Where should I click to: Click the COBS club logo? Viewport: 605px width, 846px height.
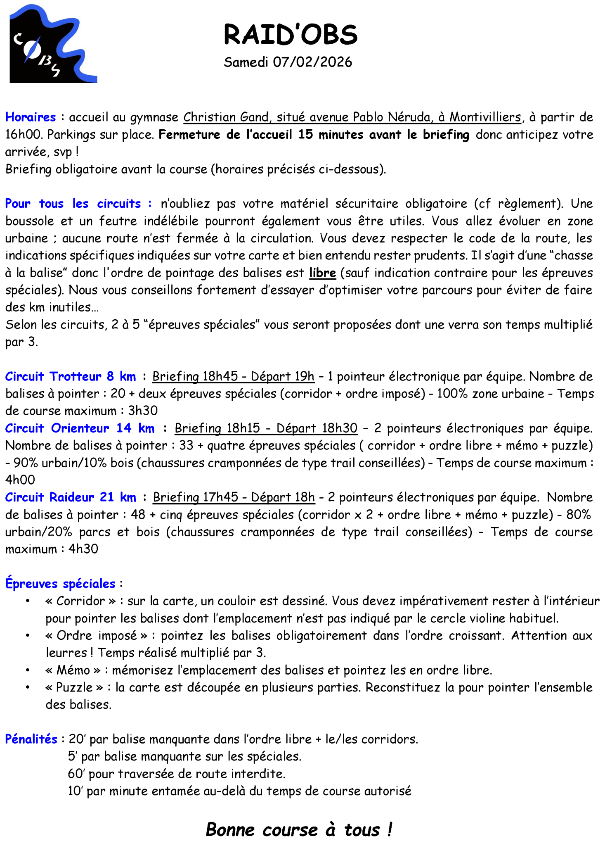[x=53, y=43]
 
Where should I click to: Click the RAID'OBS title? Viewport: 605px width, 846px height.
[x=290, y=34]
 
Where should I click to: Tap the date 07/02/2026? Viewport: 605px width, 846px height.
[x=312, y=62]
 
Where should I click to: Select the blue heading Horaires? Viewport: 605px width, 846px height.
[x=31, y=117]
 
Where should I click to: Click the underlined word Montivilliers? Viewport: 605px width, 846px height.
[x=485, y=117]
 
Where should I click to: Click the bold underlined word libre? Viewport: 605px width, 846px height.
[x=322, y=273]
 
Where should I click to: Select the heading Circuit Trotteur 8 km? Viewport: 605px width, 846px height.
[x=71, y=376]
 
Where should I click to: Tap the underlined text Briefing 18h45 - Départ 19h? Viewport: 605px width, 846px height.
[x=233, y=376]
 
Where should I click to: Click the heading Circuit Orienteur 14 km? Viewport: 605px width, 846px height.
[x=80, y=428]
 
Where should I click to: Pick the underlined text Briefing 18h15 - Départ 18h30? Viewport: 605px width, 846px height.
[x=266, y=428]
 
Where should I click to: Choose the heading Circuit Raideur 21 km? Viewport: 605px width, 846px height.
[x=71, y=497]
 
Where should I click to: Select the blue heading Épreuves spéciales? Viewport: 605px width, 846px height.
[x=60, y=584]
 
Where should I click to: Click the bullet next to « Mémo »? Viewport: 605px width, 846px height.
[x=28, y=670]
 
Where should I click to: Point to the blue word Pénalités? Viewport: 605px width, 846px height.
[x=31, y=739]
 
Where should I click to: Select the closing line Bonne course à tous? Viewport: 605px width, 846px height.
[x=299, y=829]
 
